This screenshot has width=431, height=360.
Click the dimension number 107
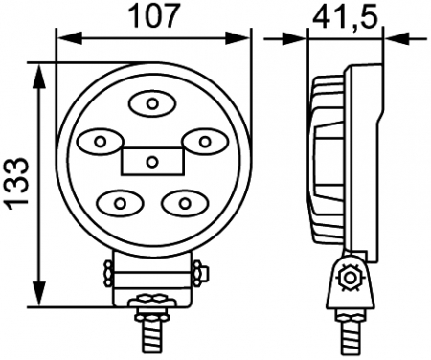click(x=153, y=16)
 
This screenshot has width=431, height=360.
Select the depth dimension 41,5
click(x=344, y=16)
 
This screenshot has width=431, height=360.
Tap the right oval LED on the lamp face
click(x=203, y=142)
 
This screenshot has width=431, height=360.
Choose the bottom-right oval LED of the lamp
click(x=182, y=202)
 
